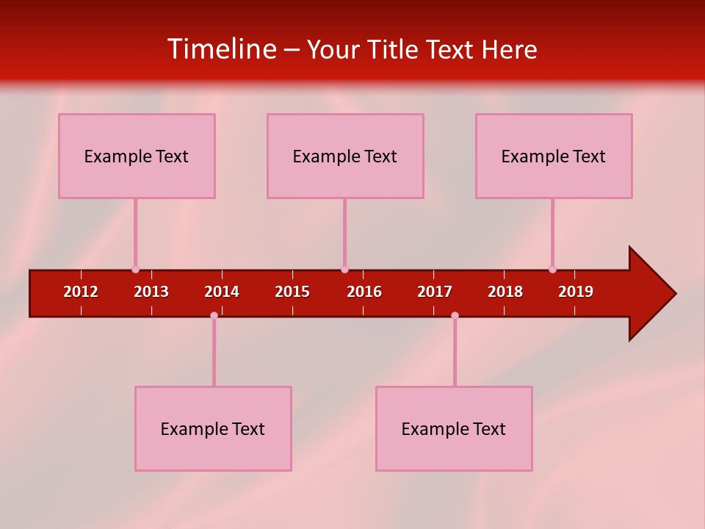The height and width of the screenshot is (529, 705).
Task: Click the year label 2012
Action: [x=81, y=292]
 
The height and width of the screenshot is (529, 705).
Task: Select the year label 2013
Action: [x=151, y=292]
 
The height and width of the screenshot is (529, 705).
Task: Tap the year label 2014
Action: [x=222, y=292]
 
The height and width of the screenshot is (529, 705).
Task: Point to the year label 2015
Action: [x=292, y=292]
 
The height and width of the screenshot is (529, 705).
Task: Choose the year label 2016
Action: [x=364, y=292]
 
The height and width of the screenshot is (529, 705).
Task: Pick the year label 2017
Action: [x=435, y=292]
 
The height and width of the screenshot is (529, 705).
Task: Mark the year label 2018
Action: [x=505, y=292]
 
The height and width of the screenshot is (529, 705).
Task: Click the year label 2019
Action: [x=576, y=292]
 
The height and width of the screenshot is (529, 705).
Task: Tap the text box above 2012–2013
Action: [x=137, y=156]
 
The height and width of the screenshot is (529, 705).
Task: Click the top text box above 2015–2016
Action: [x=345, y=156]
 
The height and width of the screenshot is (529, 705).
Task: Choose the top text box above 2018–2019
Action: [x=554, y=156]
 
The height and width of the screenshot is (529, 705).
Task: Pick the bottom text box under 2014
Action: [x=213, y=428]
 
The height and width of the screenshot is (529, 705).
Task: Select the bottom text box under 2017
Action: [x=454, y=428]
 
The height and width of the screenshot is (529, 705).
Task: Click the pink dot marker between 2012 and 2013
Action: [x=135, y=270]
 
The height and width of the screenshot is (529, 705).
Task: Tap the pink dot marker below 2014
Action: [x=214, y=315]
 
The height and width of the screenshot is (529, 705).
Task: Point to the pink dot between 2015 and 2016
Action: [x=344, y=270]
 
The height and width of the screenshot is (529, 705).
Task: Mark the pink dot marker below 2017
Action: [x=455, y=315]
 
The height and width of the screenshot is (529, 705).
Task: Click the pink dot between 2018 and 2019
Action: [x=552, y=270]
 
